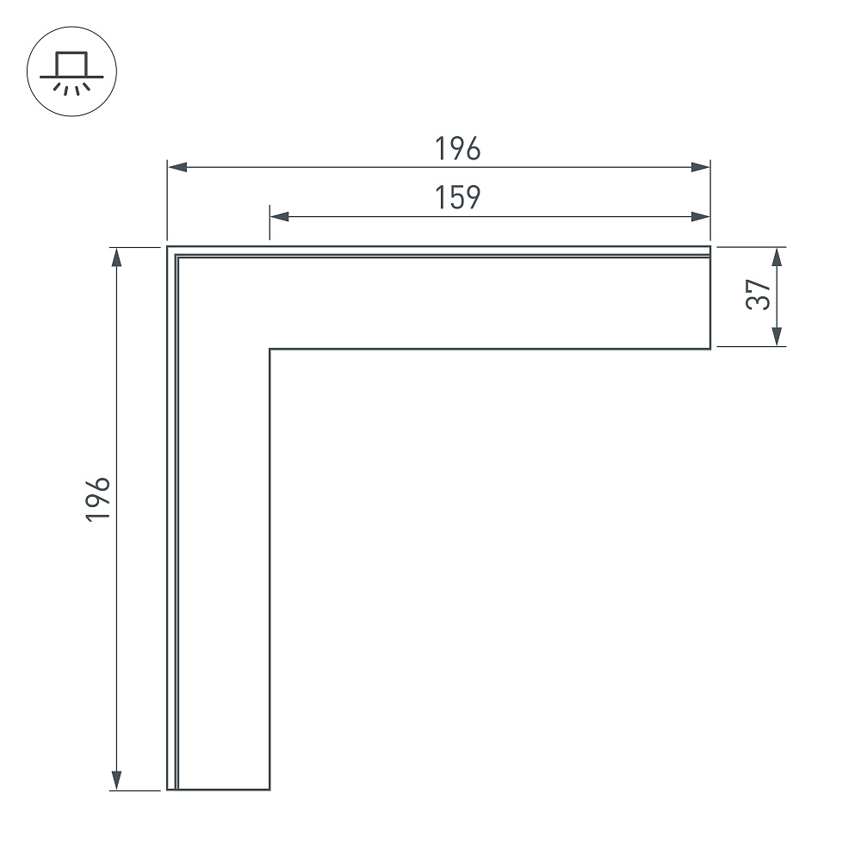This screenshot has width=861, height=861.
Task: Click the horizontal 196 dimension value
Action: tap(457, 149)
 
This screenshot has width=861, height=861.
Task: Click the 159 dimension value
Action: tap(457, 198)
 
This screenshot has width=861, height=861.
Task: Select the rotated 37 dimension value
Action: tap(758, 294)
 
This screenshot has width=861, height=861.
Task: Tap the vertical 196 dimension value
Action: tap(98, 499)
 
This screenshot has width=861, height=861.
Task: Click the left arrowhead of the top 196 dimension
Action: tap(177, 167)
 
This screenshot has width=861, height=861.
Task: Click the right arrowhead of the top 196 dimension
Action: tap(700, 167)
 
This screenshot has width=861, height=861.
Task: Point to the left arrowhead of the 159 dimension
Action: tap(280, 216)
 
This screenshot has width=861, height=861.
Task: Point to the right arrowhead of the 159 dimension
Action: tap(700, 216)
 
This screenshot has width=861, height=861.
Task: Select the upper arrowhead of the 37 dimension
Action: tap(777, 257)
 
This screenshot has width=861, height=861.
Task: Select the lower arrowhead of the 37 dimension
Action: tap(777, 337)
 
